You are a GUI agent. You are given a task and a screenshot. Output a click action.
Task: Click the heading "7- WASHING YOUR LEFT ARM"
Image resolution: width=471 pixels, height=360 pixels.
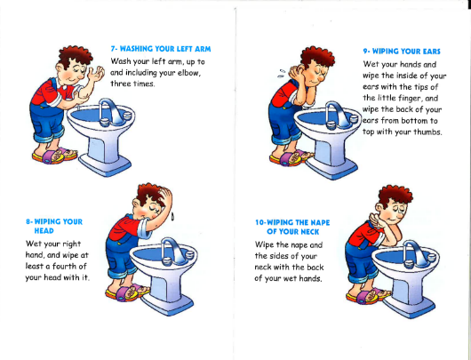(x=161, y=49)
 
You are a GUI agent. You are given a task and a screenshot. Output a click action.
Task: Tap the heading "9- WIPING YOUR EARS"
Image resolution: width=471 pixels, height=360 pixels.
(x=402, y=52)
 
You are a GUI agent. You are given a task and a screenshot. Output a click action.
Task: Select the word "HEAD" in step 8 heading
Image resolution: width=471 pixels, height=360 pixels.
(x=44, y=231)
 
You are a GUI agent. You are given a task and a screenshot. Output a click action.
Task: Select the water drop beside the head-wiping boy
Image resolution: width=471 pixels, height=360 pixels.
(x=172, y=216)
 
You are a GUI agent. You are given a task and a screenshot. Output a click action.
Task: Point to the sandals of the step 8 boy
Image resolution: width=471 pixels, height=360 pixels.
(x=127, y=292)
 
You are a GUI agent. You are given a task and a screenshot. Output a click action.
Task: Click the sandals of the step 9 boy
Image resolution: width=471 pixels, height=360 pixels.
(x=291, y=157)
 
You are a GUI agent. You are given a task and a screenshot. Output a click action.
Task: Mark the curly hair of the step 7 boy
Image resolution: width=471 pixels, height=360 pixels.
(x=76, y=56)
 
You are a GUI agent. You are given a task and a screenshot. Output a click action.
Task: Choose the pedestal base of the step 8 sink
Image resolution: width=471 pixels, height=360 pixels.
(x=167, y=304)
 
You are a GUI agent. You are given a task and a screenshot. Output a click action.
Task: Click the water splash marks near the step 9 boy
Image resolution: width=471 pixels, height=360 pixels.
(x=282, y=74)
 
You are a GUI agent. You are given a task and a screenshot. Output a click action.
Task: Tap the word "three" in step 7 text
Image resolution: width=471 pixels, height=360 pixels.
(x=121, y=84)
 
